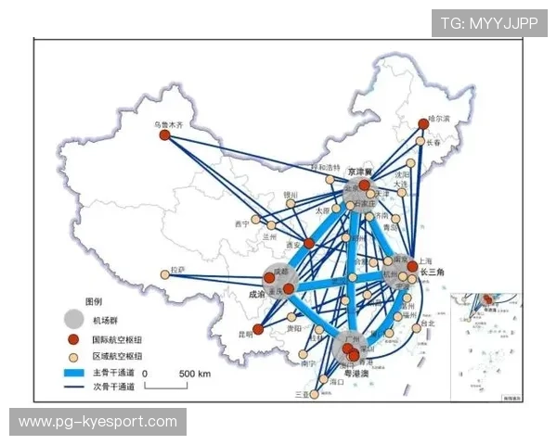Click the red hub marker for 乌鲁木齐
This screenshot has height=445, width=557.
pyautogui.click(x=164, y=135)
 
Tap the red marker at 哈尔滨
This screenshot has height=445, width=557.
pyautogui.click(x=423, y=123)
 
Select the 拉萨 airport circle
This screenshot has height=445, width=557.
pyautogui.click(x=166, y=273)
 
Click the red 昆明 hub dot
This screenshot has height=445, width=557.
pyautogui.click(x=258, y=329)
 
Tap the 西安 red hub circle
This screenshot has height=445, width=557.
pyautogui.click(x=309, y=244)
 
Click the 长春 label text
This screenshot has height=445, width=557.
pyautogui.click(x=434, y=142)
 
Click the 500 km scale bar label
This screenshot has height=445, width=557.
pyautogui.click(x=194, y=374)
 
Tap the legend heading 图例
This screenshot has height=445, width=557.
pyautogui.click(x=95, y=302)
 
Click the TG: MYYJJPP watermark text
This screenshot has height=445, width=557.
pyautogui.click(x=488, y=23)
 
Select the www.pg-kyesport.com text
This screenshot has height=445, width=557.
pyautogui.click(x=97, y=422)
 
